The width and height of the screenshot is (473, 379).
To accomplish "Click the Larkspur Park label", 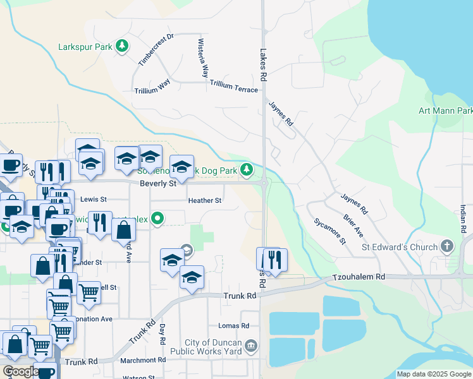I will [85, 47].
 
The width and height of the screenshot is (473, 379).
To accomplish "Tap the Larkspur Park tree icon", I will [122, 46].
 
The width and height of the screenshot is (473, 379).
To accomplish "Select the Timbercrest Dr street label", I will [156, 49].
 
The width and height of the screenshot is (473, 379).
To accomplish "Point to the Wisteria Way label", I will [204, 57].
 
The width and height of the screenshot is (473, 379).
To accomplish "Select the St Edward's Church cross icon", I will [448, 246].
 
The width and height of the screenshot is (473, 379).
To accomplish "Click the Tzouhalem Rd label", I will [359, 277].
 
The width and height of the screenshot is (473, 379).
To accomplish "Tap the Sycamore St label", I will [330, 231].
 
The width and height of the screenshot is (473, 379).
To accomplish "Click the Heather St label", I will [205, 201].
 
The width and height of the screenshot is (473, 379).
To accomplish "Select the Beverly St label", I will [157, 184].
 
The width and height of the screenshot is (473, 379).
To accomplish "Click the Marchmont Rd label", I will [144, 360].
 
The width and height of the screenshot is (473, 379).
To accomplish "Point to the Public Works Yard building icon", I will [252, 346].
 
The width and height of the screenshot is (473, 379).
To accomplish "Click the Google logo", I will [20, 371].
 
